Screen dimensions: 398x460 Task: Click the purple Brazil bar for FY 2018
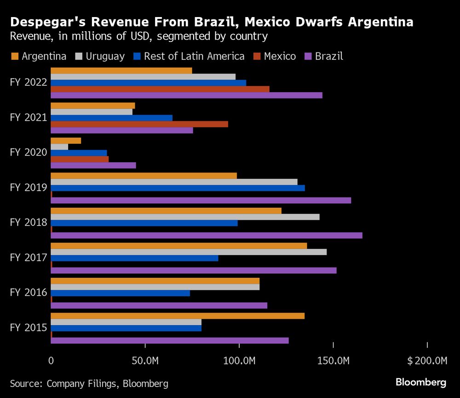207,235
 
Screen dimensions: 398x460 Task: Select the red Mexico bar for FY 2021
139,124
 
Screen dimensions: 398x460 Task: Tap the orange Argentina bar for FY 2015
178,316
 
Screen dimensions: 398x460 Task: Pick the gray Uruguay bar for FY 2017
189,252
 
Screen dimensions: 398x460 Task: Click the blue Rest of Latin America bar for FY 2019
178,188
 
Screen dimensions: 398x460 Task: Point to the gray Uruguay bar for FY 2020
59,147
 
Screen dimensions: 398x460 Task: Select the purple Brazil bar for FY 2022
186,95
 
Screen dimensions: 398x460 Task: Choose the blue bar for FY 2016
120,293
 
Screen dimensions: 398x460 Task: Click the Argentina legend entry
39,57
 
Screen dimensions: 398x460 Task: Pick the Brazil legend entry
324,57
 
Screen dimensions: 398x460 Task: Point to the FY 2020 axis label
29,152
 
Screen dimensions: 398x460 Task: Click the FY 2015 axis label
29,328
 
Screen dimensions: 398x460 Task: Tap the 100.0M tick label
239,360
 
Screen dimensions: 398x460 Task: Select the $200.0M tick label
427,360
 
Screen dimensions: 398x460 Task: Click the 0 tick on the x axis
51,360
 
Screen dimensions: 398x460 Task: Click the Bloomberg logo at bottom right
421,382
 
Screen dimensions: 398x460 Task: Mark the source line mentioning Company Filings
89,383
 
